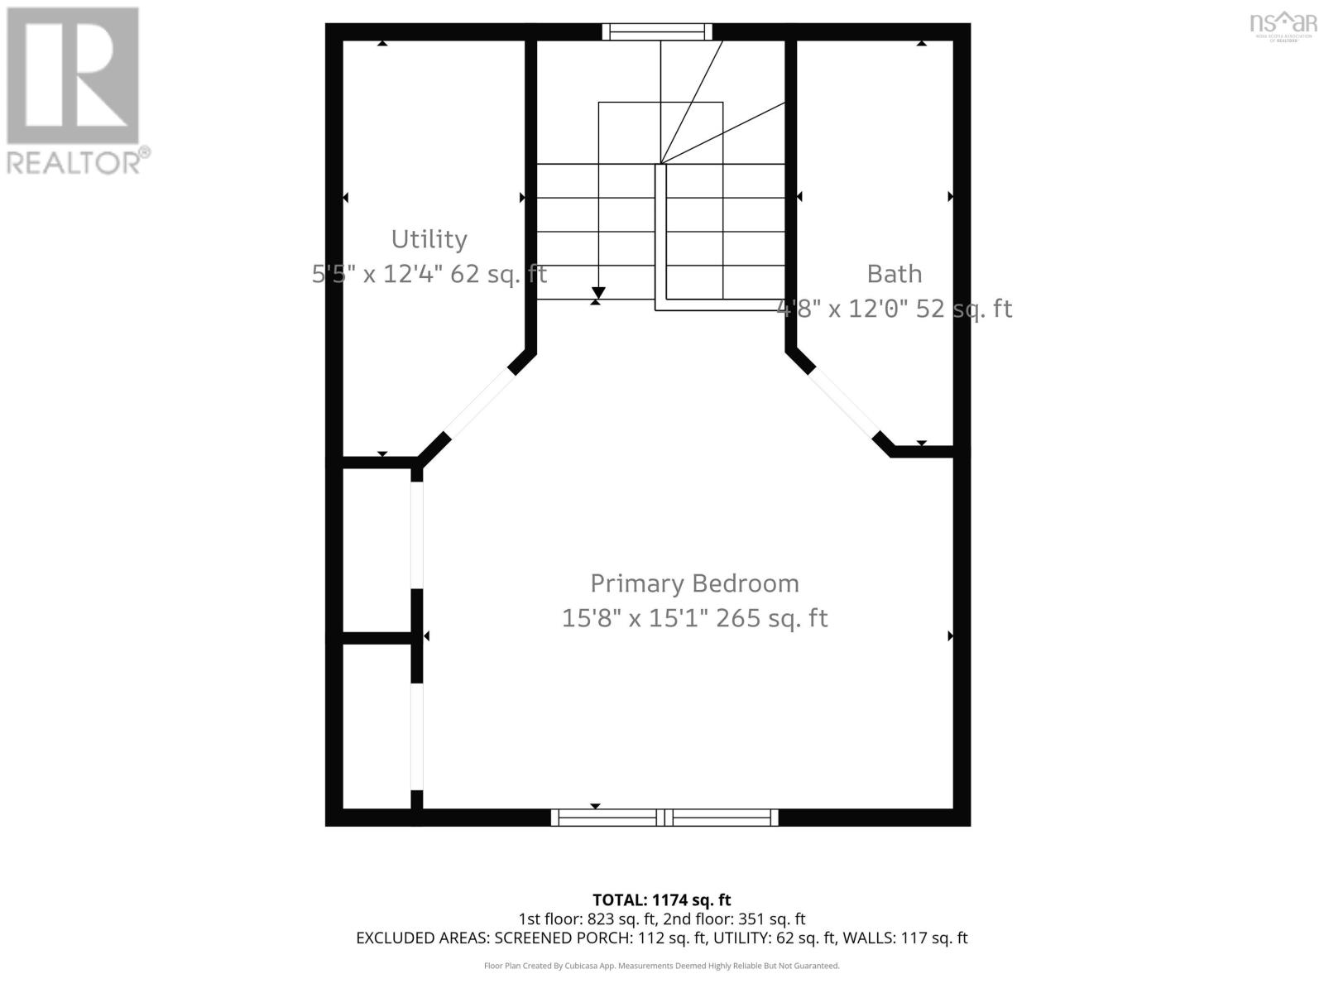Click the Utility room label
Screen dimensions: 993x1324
[x=429, y=239]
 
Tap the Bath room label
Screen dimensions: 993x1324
[x=894, y=274]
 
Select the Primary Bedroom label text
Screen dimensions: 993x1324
[x=694, y=583]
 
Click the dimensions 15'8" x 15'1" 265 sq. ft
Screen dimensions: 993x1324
[x=694, y=618]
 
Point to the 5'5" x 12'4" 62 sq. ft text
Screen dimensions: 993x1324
[x=429, y=274]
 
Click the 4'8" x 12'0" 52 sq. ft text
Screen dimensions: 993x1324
[x=894, y=309]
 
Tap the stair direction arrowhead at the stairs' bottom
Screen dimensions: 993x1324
[x=598, y=293]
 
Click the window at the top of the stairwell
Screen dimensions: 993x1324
[x=656, y=31]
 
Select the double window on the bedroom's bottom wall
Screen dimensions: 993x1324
[x=664, y=818]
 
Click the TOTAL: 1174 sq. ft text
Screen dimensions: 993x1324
[x=661, y=899]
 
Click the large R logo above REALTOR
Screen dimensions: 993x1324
[x=72, y=76]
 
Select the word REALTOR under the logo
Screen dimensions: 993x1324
[x=74, y=162]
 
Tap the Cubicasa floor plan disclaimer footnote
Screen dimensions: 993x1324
[x=661, y=966]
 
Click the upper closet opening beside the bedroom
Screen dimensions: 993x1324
[x=417, y=535]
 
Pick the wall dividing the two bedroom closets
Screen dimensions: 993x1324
[x=377, y=637]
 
